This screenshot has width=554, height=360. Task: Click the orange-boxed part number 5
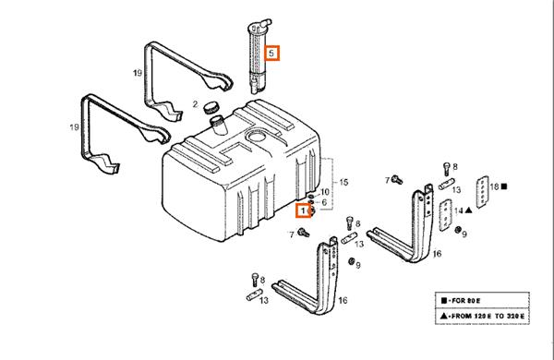pos(271,54)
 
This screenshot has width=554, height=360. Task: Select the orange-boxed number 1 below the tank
pos(303,210)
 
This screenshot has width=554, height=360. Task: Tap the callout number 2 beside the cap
pos(195,104)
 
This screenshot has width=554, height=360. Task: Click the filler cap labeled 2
pos(211,107)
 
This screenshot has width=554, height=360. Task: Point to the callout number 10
pos(324,192)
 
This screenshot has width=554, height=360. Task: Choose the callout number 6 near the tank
pos(324,202)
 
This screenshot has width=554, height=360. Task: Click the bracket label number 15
pos(343,182)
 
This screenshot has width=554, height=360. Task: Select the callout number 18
pos(494,186)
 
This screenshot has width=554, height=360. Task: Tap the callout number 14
pos(458,210)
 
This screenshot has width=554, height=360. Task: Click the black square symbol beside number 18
pos(504,186)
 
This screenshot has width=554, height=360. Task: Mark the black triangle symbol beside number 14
pos(468,210)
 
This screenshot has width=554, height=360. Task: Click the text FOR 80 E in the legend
pos(466,301)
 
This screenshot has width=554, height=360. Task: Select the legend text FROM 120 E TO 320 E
pos(488,316)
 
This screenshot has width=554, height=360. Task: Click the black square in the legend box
pos(444,301)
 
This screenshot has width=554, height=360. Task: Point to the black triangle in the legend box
pos(444,316)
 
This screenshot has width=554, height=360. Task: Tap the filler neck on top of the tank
pos(217,126)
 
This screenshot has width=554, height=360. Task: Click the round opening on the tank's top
pos(256,136)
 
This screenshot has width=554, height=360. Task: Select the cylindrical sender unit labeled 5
pos(258,56)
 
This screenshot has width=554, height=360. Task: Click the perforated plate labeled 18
pos(482,192)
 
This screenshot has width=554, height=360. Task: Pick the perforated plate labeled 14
pos(446,215)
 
